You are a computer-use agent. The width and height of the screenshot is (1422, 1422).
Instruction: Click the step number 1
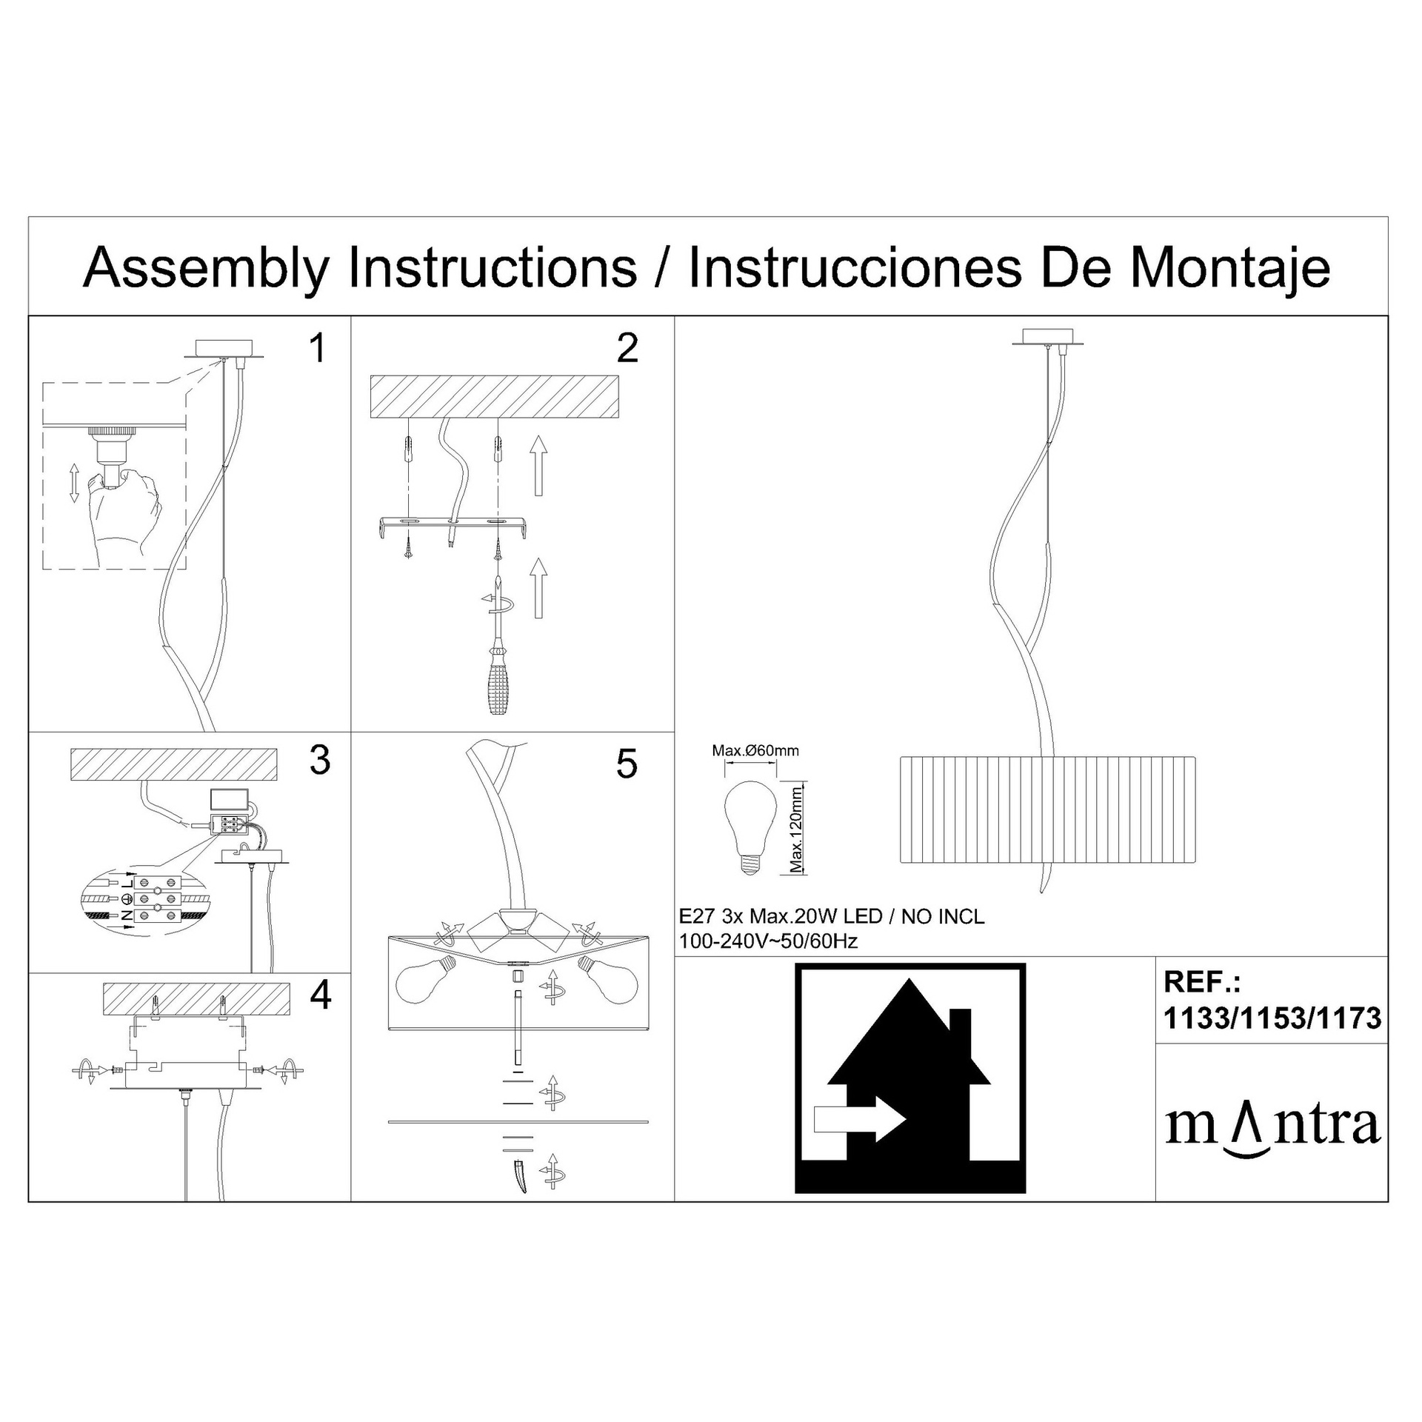point(318,348)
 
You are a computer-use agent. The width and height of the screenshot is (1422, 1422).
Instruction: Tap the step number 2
point(627,348)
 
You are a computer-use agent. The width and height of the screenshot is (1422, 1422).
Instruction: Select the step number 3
point(320,760)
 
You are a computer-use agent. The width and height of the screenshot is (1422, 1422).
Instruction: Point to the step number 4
point(321,995)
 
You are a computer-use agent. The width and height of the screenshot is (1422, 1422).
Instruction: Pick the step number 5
point(627,764)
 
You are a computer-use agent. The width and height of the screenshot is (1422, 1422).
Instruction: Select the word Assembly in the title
point(207,269)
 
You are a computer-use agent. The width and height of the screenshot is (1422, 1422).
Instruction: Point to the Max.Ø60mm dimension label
point(755,750)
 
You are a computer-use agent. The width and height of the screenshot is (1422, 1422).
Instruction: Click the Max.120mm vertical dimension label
point(796,829)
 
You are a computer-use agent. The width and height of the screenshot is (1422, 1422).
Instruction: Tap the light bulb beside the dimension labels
point(750,829)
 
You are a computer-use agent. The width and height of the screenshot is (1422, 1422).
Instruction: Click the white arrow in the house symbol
point(859,1118)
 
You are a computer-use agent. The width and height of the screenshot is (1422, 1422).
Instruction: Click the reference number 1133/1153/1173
point(1272,1019)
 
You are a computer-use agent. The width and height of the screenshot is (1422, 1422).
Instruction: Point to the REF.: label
point(1202,982)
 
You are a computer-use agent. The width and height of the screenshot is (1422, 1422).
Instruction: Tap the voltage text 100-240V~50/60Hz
point(769,941)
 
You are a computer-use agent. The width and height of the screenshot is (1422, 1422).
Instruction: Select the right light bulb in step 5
point(608,978)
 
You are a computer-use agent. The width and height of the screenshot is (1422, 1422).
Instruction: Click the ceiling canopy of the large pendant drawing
point(1048,337)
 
